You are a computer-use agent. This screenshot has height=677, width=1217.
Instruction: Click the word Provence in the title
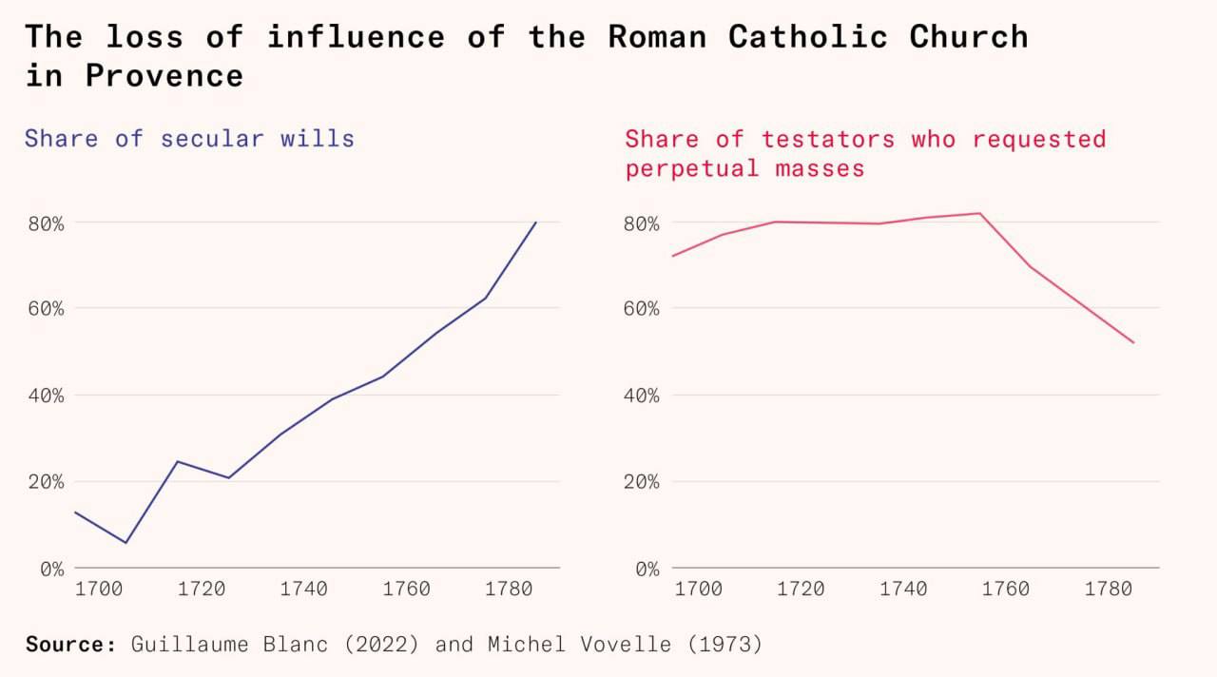click(164, 75)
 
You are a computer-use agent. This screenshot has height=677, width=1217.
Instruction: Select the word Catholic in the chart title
click(807, 36)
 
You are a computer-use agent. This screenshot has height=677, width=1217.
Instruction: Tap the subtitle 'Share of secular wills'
click(189, 138)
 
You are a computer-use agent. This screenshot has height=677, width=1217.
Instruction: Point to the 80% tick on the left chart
click(45, 223)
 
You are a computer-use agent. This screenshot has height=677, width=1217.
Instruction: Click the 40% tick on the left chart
click(45, 395)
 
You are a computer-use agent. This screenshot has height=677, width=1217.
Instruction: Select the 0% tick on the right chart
click(647, 569)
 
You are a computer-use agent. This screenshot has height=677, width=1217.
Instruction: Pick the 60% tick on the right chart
click(642, 309)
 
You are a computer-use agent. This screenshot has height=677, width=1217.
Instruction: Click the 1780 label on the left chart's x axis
click(509, 589)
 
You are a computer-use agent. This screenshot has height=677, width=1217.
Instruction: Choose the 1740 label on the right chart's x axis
click(903, 589)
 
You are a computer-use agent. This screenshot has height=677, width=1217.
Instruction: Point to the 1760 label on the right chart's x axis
click(1006, 589)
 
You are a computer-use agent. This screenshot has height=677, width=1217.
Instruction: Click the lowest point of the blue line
click(126, 543)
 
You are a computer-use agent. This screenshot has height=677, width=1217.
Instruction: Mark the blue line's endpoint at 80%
click(536, 222)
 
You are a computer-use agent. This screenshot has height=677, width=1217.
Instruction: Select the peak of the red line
click(979, 213)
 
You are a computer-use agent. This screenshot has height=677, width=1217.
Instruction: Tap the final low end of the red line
click(1133, 342)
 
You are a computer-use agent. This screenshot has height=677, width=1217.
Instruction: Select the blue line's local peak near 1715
click(177, 461)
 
